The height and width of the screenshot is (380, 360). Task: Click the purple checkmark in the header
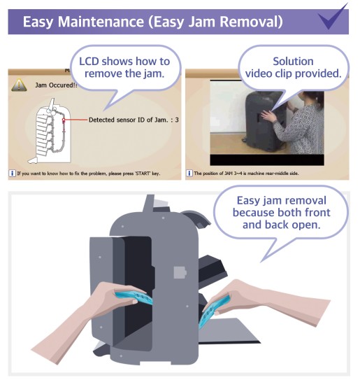(x=332, y=18)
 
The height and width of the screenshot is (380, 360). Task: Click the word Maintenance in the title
(x=101, y=22)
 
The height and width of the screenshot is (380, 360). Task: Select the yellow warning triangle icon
(x=19, y=85)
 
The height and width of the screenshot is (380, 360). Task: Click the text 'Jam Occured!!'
(x=56, y=85)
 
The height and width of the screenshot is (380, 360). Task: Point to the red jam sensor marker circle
(x=64, y=120)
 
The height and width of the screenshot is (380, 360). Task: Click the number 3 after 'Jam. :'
(x=177, y=120)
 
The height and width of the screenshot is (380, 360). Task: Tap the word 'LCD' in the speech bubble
(x=89, y=62)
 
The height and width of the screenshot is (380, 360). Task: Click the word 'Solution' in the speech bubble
(x=293, y=62)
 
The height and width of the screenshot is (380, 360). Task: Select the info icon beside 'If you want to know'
(x=12, y=174)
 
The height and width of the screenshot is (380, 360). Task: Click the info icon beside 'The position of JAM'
(x=189, y=174)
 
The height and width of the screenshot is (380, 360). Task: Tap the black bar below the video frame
(x=267, y=160)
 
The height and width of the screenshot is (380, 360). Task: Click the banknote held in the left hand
(x=134, y=297)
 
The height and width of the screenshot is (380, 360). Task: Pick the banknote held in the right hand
(x=213, y=311)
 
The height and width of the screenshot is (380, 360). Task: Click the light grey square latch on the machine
(x=180, y=272)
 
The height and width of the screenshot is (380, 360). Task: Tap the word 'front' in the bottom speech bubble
(x=317, y=213)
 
